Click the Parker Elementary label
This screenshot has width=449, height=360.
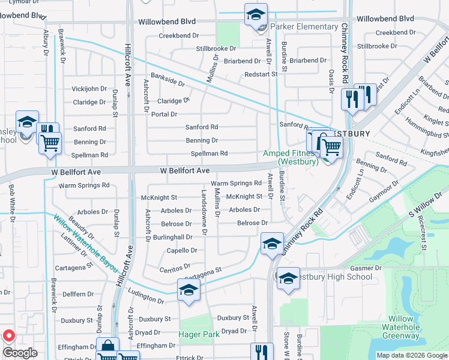tap(304, 27)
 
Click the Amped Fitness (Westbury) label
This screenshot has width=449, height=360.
tap(291, 158)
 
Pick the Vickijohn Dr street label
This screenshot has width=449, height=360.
tap(89, 89)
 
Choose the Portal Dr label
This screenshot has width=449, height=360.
tap(164, 114)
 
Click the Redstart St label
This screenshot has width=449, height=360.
tap(261, 74)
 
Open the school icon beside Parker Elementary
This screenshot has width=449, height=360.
tap(256, 15)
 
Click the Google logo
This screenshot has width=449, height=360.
tap(20, 353)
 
